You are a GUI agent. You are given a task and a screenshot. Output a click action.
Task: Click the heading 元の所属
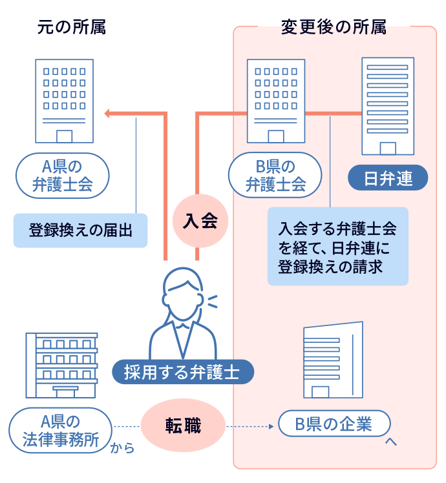coord(71,28)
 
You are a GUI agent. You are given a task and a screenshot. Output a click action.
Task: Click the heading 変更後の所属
coord(334,28)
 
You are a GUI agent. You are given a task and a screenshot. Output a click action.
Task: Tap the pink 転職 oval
coord(183,426)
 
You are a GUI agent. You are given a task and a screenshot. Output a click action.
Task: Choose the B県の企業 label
coord(334,424)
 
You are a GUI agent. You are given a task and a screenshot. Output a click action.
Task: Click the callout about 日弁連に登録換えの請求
coord(337,246)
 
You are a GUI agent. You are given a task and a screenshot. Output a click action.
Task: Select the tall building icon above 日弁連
coord(388,107)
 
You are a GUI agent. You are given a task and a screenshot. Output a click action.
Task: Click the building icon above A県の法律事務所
coord(61,365)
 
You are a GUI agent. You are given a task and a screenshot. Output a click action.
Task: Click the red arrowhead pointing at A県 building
coord(108,114)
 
